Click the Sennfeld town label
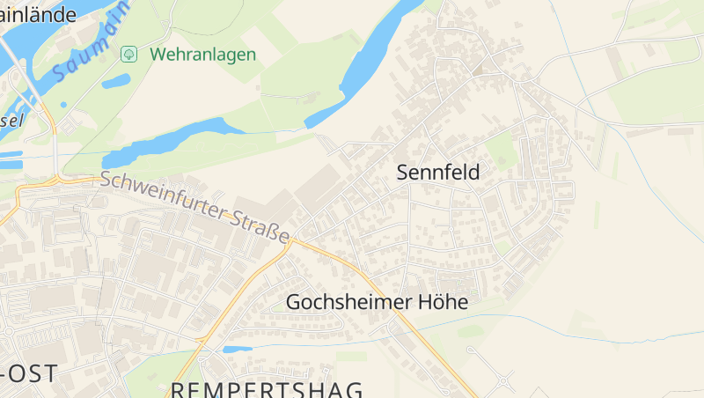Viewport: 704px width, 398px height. coord(438,173)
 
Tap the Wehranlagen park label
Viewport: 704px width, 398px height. coord(202,55)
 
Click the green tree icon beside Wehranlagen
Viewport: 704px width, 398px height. coord(128,55)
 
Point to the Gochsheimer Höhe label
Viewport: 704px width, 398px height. coord(377,302)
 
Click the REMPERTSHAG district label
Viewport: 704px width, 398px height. coord(267,389)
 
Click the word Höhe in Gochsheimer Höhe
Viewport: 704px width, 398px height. coord(443,302)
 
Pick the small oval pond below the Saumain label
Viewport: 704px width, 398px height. coord(115,82)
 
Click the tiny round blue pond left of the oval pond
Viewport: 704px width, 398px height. coord(63,105)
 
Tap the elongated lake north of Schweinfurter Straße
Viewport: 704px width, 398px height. coord(167,142)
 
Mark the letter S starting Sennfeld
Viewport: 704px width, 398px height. coord(403,173)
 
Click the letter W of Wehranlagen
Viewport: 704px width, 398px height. coord(158,55)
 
